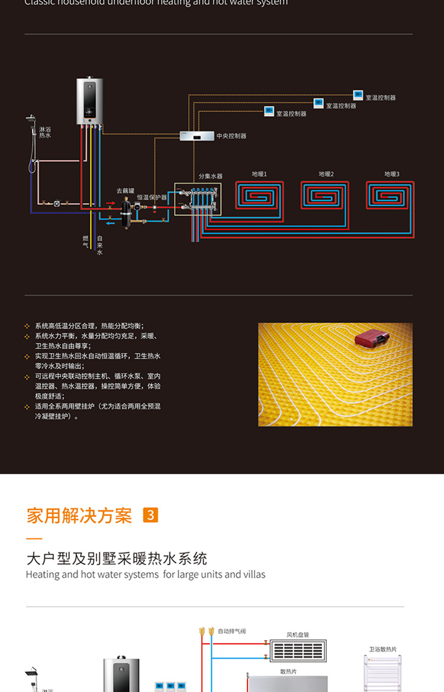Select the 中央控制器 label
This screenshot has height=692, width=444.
(231, 136)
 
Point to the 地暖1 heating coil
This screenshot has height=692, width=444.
(259, 195)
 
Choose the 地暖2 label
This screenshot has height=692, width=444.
(326, 174)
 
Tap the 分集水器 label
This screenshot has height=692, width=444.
(210, 177)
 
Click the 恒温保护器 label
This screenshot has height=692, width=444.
(152, 197)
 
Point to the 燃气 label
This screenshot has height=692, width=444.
(85, 241)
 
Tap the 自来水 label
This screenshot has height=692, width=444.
(99, 245)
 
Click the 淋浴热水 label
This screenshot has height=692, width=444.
(45, 133)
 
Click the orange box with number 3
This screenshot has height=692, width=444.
(151, 515)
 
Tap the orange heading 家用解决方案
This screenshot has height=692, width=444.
(79, 515)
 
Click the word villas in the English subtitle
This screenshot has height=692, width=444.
(253, 574)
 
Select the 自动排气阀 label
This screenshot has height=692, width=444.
(231, 632)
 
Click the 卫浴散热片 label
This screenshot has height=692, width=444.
(383, 649)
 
